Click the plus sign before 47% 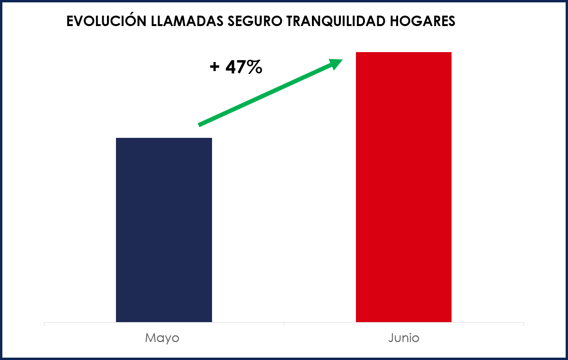pyautogui.click(x=214, y=67)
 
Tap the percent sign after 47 pyautogui.click(x=254, y=67)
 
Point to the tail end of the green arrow pyautogui.click(x=200, y=125)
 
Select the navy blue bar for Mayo pyautogui.click(x=164, y=230)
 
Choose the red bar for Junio pyautogui.click(x=403, y=187)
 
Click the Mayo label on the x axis pyautogui.click(x=162, y=338)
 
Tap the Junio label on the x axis pyautogui.click(x=403, y=338)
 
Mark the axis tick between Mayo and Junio pyautogui.click(x=284, y=324)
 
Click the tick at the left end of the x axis pyautogui.click(x=44, y=324)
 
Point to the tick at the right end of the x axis pyautogui.click(x=524, y=324)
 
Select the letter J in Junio pyautogui.click(x=391, y=338)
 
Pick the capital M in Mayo pyautogui.click(x=150, y=338)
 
